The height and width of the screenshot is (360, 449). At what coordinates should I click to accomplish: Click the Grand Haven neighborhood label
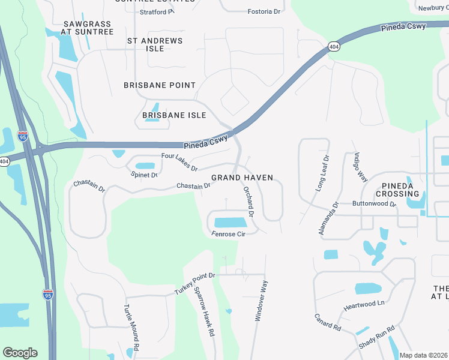pos(242,178)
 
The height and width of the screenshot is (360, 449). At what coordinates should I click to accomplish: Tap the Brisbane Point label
pos(160,85)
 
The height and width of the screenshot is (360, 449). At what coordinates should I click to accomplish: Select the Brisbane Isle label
pos(174,115)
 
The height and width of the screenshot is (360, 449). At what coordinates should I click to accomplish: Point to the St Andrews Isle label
pos(155,44)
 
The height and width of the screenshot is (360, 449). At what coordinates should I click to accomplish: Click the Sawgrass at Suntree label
pos(88,28)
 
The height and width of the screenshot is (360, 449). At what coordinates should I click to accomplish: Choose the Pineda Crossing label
pos(397,190)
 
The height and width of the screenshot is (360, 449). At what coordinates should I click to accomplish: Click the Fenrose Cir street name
pos(228,234)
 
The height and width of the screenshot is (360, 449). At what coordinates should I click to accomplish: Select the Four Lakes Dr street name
pos(179,161)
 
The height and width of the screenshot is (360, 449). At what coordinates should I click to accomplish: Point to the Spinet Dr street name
pos(144,175)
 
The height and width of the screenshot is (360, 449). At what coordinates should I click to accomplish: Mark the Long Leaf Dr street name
pos(323,173)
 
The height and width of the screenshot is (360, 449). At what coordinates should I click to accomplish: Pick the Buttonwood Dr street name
pos(374,204)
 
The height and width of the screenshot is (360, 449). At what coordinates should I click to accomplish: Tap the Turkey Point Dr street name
pos(194,283)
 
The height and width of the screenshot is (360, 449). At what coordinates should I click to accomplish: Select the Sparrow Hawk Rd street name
pos(204,311)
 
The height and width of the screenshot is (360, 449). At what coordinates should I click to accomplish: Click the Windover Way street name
pos(261,302)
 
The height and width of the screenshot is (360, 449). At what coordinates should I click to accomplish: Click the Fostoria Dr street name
pos(264,11)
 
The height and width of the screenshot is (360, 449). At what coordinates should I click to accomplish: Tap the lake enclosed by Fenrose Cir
pos(231,223)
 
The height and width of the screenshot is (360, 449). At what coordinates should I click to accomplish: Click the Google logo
pos(20,353)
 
